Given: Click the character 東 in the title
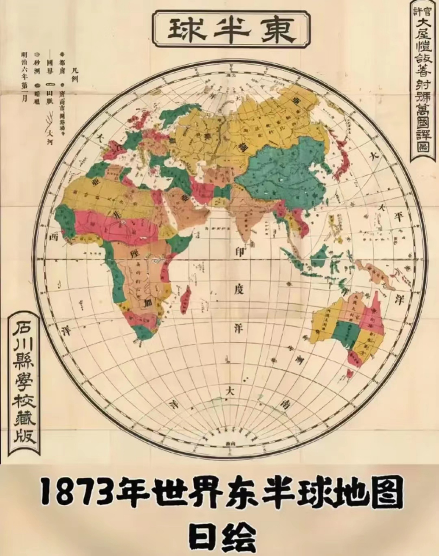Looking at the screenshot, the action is point(277,30).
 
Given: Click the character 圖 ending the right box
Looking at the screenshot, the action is point(422,147).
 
